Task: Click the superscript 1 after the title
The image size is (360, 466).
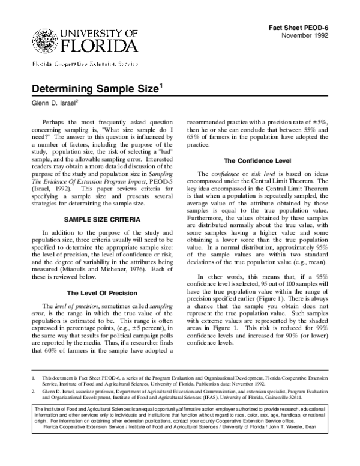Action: (x=160, y=85)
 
